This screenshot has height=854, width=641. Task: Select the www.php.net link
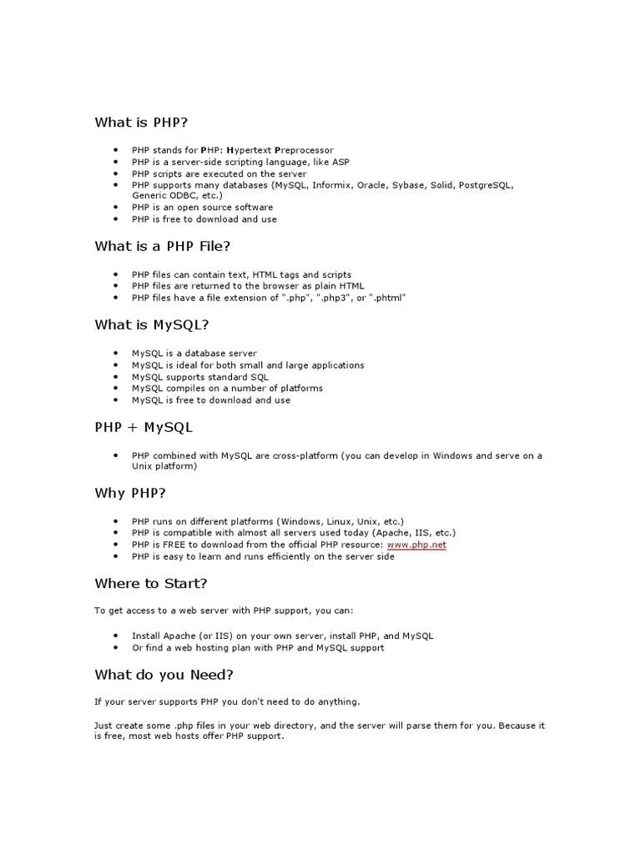point(416,545)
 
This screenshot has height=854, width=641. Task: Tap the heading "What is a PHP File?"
point(163,246)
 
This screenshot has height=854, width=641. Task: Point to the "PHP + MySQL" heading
point(144,427)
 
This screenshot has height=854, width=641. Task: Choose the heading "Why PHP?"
point(130,493)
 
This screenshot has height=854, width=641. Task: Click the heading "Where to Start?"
point(151,583)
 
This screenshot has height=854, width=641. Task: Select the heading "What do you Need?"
point(164,674)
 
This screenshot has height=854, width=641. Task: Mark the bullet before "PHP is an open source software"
point(116,208)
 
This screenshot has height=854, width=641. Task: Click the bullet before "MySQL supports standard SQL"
point(116,377)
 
